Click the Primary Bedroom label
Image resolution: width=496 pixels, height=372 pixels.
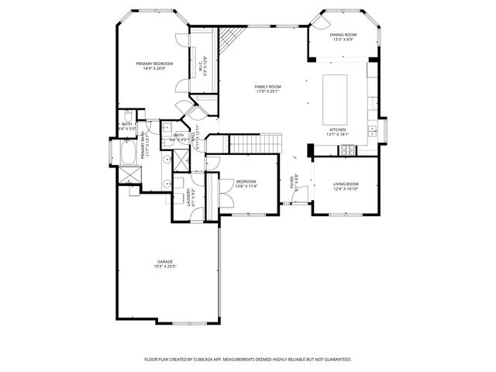tap(154, 64)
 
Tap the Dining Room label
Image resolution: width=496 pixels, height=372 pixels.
tap(344, 34)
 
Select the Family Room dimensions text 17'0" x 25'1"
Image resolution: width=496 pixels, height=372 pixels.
tap(267, 92)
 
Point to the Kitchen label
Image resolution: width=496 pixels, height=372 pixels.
tap(337, 129)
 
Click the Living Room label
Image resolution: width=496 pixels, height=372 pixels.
tap(346, 184)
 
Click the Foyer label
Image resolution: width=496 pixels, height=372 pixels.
tap(292, 183)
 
